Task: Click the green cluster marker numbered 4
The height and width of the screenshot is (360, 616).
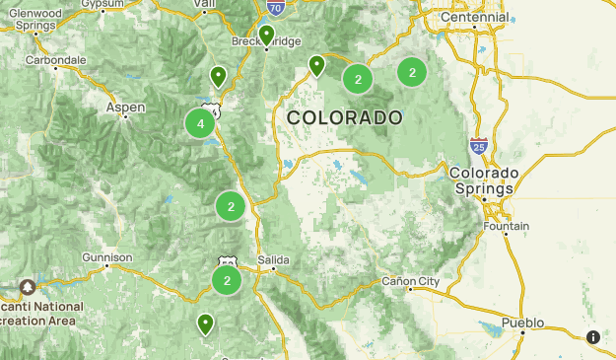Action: coord(200,123)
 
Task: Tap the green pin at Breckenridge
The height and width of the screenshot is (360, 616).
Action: coord(266,36)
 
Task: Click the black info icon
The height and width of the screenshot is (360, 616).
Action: coord(593,337)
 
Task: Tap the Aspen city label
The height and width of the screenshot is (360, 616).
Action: coord(126,107)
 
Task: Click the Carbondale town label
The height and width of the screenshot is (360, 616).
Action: coord(56,60)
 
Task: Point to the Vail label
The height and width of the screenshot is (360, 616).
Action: coord(205,4)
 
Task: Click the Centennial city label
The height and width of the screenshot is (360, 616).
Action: coord(476,18)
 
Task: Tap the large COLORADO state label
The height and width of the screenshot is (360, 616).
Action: coord(345,117)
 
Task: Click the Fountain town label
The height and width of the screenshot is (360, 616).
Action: coord(507,226)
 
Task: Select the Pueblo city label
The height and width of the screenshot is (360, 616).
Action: coord(522,323)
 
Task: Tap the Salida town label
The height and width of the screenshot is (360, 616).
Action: coord(273,259)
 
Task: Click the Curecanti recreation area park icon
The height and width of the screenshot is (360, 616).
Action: coord(28,287)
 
